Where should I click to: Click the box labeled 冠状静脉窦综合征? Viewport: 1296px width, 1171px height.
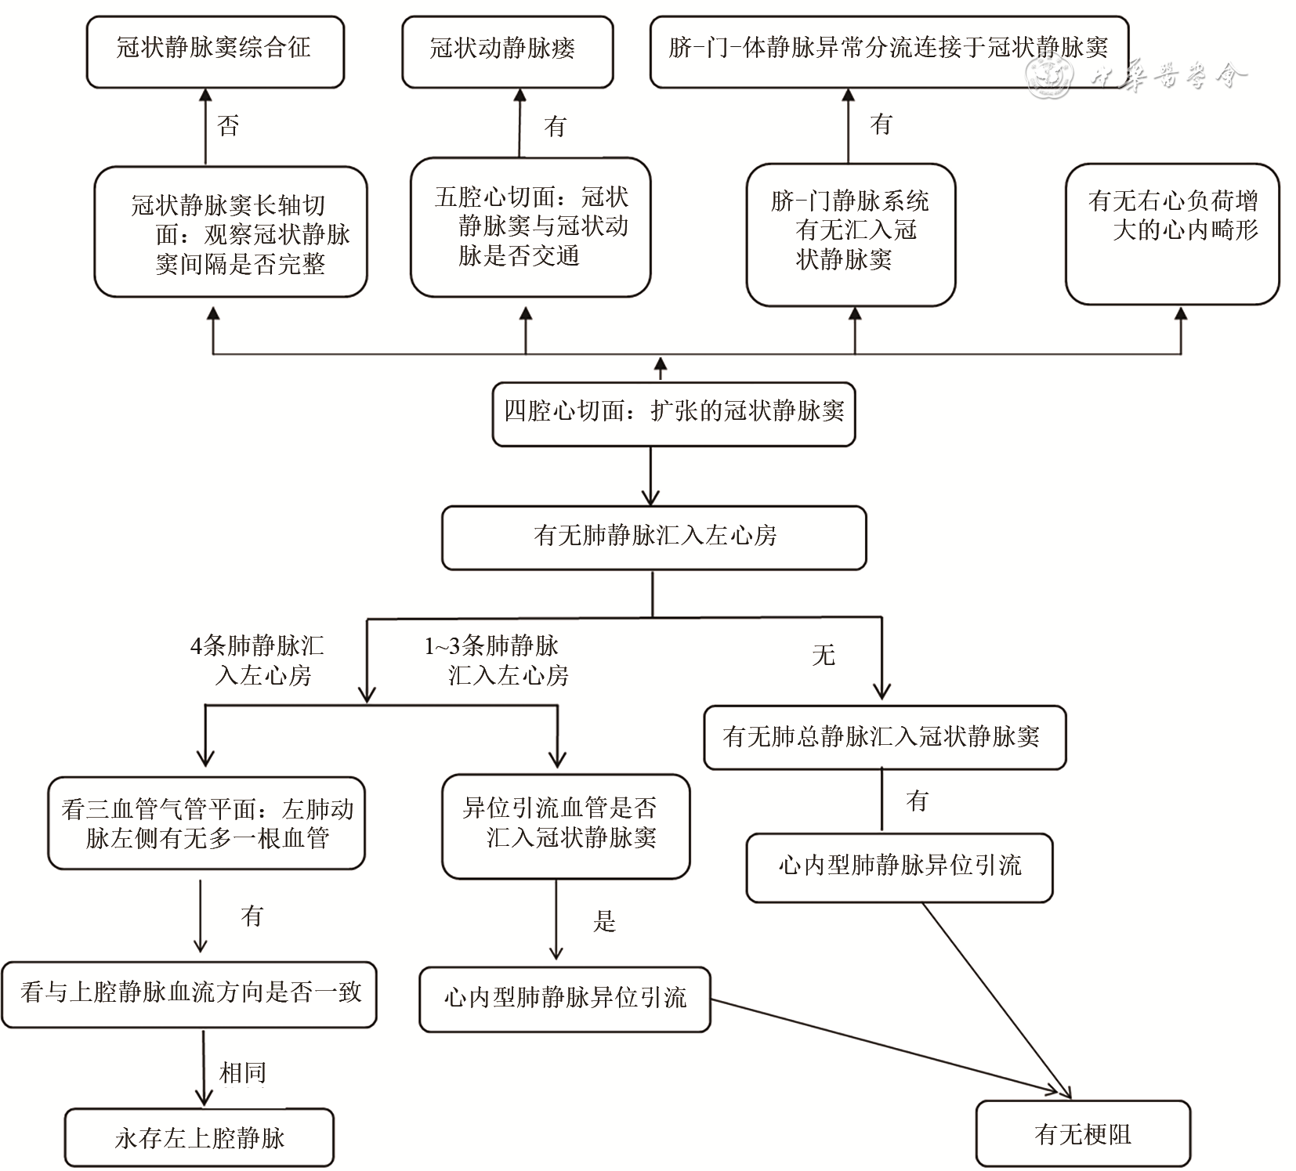(215, 50)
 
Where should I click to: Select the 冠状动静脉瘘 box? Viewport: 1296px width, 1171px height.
(507, 50)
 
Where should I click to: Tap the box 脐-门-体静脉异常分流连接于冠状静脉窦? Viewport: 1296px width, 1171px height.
(889, 50)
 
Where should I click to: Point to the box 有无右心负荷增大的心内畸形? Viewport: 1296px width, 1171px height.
(1172, 233)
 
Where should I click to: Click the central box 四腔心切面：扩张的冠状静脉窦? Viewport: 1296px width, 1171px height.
(673, 413)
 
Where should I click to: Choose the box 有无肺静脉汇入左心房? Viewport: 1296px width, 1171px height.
(654, 537)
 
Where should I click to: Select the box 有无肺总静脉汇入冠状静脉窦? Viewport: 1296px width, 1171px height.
(885, 737)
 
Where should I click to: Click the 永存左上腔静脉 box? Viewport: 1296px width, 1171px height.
(200, 1137)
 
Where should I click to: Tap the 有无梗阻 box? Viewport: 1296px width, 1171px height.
(1083, 1133)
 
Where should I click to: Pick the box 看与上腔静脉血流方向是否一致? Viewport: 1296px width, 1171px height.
(190, 993)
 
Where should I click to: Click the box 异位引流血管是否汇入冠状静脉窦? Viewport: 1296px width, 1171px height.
(565, 825)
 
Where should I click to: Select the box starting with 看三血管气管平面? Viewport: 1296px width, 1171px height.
(207, 824)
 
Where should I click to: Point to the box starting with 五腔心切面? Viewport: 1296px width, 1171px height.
(530, 227)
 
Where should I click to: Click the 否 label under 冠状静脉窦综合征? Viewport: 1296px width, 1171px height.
(228, 126)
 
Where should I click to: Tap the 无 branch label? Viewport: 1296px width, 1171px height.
(824, 655)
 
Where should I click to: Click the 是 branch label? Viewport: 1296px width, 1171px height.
(604, 921)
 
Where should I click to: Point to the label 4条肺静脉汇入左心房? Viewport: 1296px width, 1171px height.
(259, 660)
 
